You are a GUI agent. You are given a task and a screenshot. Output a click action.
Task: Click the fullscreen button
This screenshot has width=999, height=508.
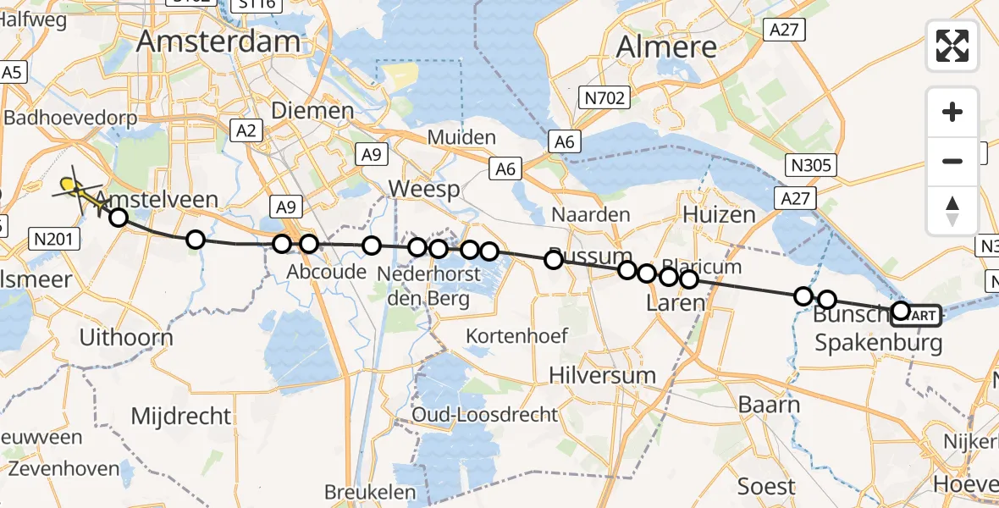click(952, 46)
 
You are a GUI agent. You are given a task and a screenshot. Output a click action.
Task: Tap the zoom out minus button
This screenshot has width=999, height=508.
click(952, 161)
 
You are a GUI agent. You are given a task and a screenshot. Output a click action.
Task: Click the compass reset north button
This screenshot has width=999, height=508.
click(952, 210)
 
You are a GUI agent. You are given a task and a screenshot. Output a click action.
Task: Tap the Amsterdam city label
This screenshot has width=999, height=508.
click(218, 41)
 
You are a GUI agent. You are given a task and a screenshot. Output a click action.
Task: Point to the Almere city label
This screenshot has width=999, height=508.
click(666, 47)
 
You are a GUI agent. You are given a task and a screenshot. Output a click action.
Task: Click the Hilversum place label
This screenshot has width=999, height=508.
click(602, 375)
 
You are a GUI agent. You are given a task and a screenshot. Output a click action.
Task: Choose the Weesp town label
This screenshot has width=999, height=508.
click(424, 189)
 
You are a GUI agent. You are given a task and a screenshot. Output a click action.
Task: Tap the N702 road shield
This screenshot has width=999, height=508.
click(605, 98)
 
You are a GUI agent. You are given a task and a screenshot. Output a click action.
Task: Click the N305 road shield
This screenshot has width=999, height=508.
click(811, 165)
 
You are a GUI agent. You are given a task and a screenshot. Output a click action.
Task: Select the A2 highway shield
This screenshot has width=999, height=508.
click(246, 130)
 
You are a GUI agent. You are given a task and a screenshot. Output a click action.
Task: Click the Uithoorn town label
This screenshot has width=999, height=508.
click(125, 337)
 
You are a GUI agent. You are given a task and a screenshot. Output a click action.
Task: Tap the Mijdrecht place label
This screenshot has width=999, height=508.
click(181, 416)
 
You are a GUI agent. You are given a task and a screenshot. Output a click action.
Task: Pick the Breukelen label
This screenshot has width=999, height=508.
click(370, 492)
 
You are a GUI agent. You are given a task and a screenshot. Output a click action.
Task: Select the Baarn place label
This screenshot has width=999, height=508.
click(769, 404)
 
